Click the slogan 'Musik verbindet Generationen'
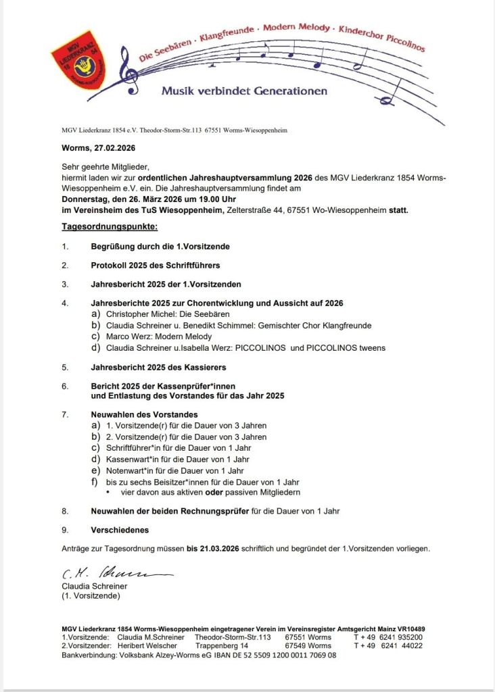243,91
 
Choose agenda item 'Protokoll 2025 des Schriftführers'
155,266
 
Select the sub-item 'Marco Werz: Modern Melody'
159,337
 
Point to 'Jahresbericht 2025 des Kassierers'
158,368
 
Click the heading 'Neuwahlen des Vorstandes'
144,414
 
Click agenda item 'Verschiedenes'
120,530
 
